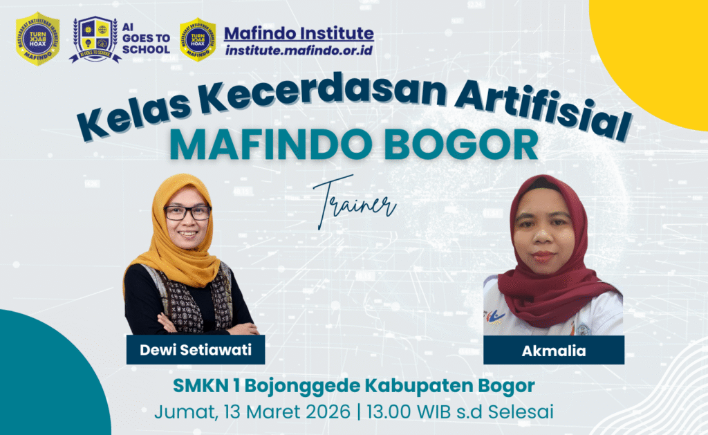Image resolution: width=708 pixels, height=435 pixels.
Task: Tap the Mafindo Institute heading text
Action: coord(299,33)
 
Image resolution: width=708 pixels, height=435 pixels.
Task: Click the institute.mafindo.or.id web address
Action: coord(299,50)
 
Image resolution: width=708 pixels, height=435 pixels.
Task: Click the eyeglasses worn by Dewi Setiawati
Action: coord(187,212)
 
